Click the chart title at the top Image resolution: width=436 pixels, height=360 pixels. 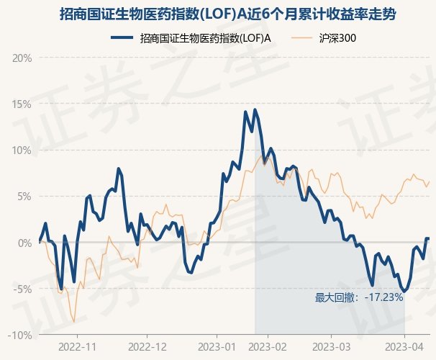point(218,14)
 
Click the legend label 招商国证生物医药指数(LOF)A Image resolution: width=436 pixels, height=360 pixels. point(206,38)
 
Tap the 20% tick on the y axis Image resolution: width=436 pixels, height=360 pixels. point(22,58)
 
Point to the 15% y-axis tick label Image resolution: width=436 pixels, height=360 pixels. point(22,104)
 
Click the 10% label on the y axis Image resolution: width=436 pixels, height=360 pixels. point(22,150)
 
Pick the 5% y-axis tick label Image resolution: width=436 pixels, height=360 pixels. point(24,197)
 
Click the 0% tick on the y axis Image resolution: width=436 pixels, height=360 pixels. point(24,243)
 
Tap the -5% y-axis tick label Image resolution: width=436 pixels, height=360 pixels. point(23,289)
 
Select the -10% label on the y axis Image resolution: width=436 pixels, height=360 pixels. point(21,336)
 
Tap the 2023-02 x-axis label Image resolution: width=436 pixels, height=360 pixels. point(267,346)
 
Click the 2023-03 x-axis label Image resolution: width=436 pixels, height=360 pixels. point(330,346)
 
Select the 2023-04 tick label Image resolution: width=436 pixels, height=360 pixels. point(404,346)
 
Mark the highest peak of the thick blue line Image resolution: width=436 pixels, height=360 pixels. point(255,110)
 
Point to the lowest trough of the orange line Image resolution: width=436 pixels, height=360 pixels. point(73,322)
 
